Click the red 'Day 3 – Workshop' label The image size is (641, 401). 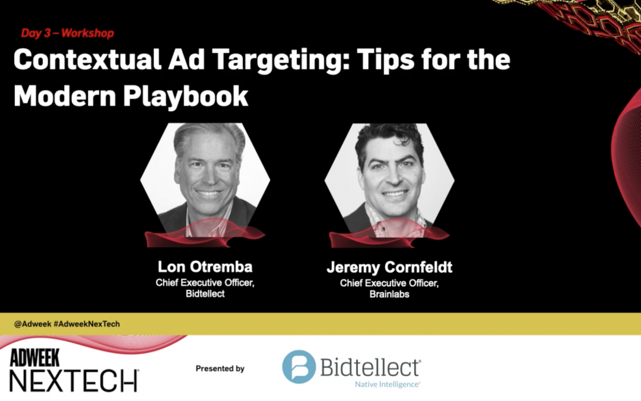tap(68, 33)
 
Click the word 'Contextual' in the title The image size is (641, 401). tap(87, 59)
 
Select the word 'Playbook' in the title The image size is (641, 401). tap(186, 96)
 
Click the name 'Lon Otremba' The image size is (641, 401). tap(205, 267)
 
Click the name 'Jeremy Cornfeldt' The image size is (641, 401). tap(389, 267)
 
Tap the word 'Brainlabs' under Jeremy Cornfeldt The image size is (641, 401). tap(389, 294)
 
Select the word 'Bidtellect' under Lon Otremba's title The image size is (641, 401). tap(205, 294)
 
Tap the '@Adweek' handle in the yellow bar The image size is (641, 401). tap(33, 324)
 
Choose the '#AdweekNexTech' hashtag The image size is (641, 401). tap(87, 324)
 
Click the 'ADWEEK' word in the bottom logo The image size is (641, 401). tap(35, 358)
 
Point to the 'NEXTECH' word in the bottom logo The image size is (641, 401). tap(74, 381)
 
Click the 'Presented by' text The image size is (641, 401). tap(220, 369)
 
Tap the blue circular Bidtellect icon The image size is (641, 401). tap(299, 367)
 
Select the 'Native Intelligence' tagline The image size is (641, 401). tap(387, 384)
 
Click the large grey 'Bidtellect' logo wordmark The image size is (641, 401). tap(370, 367)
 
